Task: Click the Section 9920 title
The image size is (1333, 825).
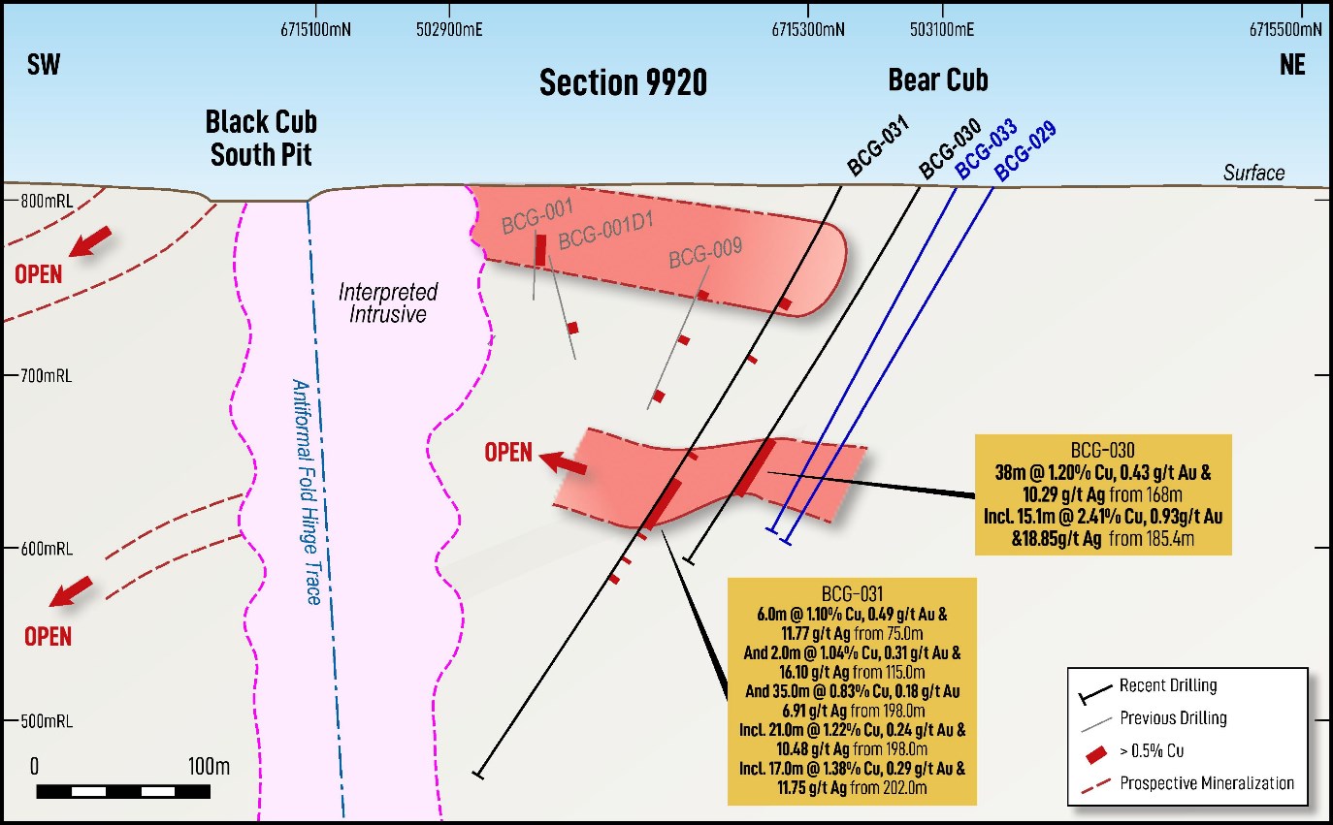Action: pyautogui.click(x=623, y=82)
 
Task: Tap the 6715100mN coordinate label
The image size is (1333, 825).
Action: pyautogui.click(x=315, y=29)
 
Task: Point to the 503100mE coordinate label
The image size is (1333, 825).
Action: pyautogui.click(x=942, y=29)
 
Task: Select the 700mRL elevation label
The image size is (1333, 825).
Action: pyautogui.click(x=47, y=376)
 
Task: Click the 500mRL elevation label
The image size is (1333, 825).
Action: pyautogui.click(x=47, y=721)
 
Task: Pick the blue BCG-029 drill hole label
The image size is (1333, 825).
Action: pyautogui.click(x=1025, y=150)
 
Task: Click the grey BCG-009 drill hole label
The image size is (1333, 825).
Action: pyautogui.click(x=705, y=252)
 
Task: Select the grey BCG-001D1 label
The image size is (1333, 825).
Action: pyautogui.click(x=605, y=230)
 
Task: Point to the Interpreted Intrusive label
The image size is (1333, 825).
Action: pyautogui.click(x=388, y=302)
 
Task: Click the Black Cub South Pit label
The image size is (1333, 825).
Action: pyautogui.click(x=261, y=139)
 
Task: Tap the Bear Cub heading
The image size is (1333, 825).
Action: pyautogui.click(x=938, y=79)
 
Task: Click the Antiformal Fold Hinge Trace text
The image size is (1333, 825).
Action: pyautogui.click(x=307, y=492)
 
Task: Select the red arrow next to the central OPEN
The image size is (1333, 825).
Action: pyautogui.click(x=563, y=462)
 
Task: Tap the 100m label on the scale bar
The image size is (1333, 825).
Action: pyautogui.click(x=209, y=766)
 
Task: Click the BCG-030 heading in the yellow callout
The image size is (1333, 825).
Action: pyautogui.click(x=1103, y=450)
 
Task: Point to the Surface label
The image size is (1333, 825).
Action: pyautogui.click(x=1253, y=173)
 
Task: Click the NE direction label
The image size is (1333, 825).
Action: pyautogui.click(x=1292, y=65)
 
